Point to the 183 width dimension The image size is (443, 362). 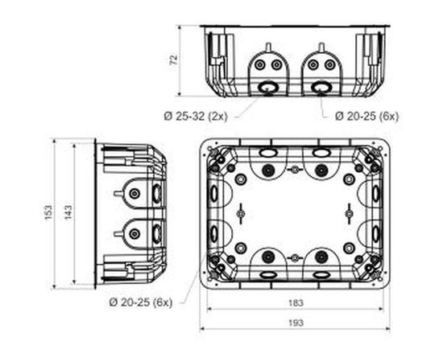[296, 303]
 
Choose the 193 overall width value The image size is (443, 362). [296, 322]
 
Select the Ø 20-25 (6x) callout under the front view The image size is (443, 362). [366, 116]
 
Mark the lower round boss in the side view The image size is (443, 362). [135, 234]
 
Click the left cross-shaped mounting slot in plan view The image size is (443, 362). [241, 214]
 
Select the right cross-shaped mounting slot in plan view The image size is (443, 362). [349, 214]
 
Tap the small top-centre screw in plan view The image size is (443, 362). [295, 170]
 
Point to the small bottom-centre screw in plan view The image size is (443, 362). [295, 258]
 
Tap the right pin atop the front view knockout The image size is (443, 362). [321, 47]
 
